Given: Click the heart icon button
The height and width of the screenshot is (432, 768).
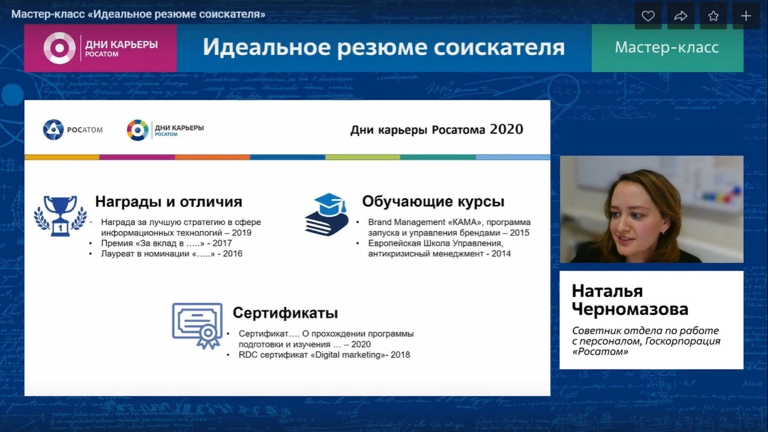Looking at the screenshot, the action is [x=648, y=16].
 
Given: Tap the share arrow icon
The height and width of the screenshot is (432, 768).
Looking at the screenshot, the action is [x=680, y=16].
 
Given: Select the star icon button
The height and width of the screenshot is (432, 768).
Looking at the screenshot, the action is [x=713, y=16].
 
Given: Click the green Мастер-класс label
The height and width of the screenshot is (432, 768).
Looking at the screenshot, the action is [x=667, y=47].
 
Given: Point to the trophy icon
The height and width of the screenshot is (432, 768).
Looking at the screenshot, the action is [x=61, y=215].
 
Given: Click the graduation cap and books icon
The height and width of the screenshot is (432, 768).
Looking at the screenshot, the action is [x=327, y=214].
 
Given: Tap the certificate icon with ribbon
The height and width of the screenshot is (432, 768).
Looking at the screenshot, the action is [x=197, y=325].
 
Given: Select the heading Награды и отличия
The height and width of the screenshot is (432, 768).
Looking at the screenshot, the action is [x=169, y=202].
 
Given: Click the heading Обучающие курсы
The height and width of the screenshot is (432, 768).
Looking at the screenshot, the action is [x=433, y=202].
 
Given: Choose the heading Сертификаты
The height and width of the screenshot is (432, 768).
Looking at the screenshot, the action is [x=285, y=313].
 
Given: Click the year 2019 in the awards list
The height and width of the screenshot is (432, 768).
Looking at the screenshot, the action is [x=241, y=233].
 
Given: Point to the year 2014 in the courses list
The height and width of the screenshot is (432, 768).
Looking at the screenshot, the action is [x=501, y=254].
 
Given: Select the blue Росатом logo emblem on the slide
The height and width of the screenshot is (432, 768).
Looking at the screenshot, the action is [x=53, y=130].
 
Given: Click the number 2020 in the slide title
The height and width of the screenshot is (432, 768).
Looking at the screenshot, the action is [x=507, y=129].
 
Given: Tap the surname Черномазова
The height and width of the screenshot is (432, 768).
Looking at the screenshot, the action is [x=630, y=309].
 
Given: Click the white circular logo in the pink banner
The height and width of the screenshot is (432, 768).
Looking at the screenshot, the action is [x=59, y=48].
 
